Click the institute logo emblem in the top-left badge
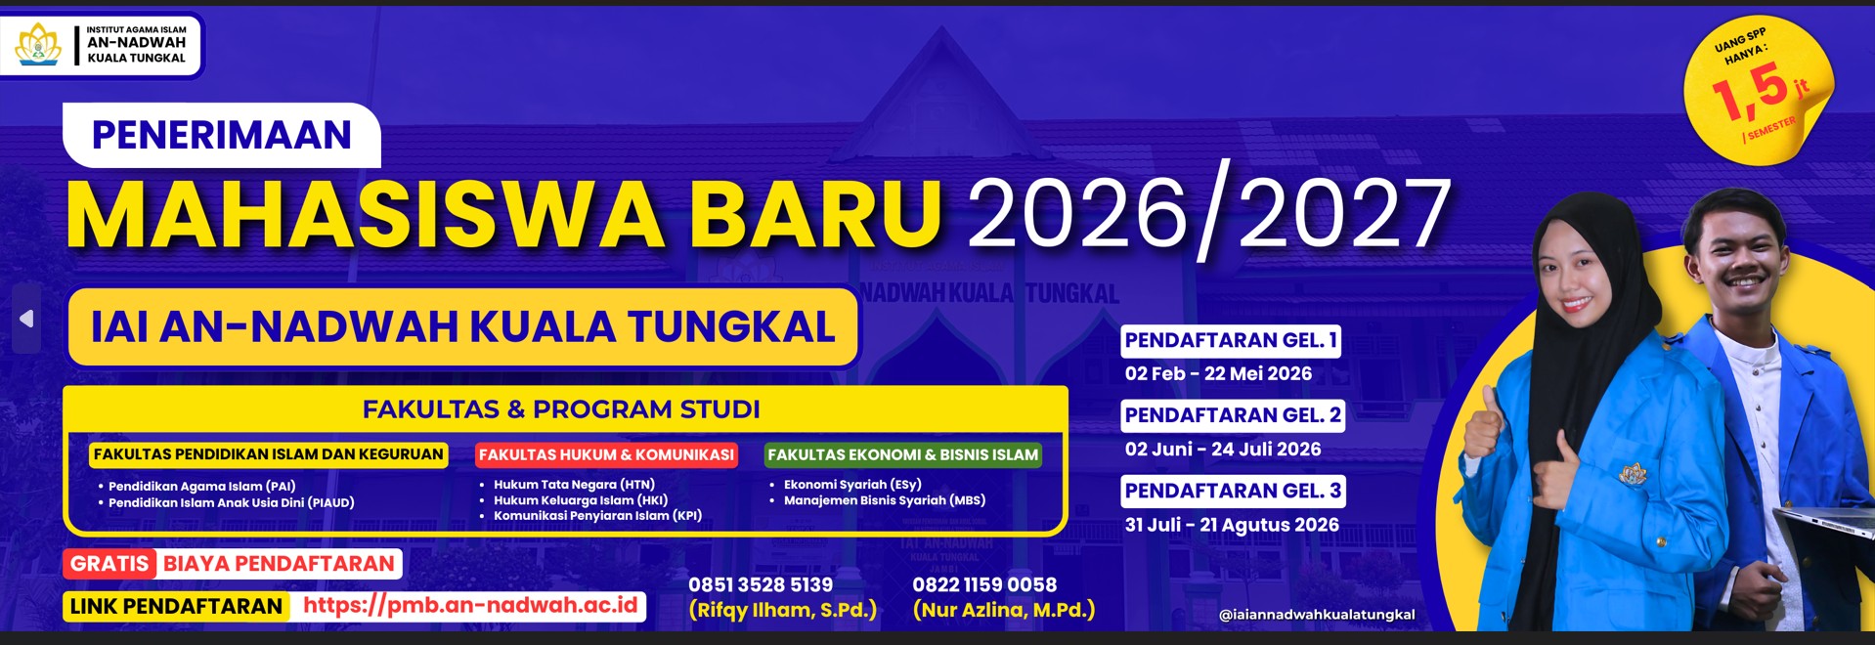(x=38, y=44)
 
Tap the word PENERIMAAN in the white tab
(x=222, y=135)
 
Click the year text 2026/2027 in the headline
(x=1208, y=215)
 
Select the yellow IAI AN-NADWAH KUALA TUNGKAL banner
(x=463, y=327)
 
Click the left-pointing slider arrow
(x=26, y=319)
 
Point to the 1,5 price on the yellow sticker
(x=1751, y=92)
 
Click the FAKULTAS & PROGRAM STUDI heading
(x=561, y=409)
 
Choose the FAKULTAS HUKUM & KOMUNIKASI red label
(x=606, y=454)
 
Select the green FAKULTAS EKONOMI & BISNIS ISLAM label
(x=903, y=454)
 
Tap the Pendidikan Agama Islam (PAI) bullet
(x=201, y=486)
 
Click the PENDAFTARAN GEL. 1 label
(x=1231, y=340)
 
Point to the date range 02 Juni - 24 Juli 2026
(x=1223, y=450)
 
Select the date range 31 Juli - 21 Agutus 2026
(x=1232, y=525)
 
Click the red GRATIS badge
(x=109, y=564)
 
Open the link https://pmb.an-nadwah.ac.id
(x=470, y=605)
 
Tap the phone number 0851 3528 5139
(x=761, y=584)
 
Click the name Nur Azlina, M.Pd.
(x=1004, y=610)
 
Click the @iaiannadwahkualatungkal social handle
(x=1317, y=615)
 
